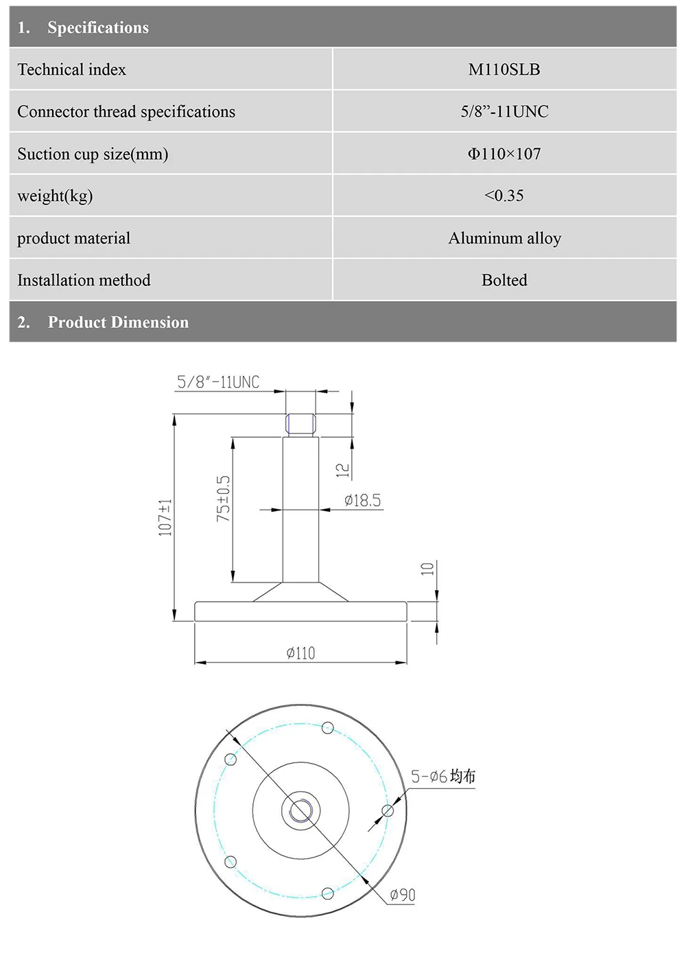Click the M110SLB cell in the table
pyautogui.click(x=504, y=69)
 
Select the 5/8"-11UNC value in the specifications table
pyautogui.click(x=504, y=111)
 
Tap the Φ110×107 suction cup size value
pyautogui.click(x=504, y=154)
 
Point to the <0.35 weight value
pyautogui.click(x=504, y=196)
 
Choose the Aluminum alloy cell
pyautogui.click(x=504, y=238)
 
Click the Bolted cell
pyautogui.click(x=504, y=280)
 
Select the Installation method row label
pyautogui.click(x=84, y=280)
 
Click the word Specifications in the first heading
pyautogui.click(x=98, y=27)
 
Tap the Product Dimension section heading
pyautogui.click(x=118, y=322)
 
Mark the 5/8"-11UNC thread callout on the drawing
pyautogui.click(x=218, y=382)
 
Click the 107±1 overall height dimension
pyautogui.click(x=165, y=517)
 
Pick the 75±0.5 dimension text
pyautogui.click(x=224, y=499)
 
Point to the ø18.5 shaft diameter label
pyautogui.click(x=362, y=500)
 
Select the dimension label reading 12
pyautogui.click(x=342, y=470)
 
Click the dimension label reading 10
pyautogui.click(x=427, y=569)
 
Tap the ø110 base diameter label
pyautogui.click(x=300, y=653)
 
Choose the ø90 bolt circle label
pyautogui.click(x=402, y=895)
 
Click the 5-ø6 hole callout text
pyautogui.click(x=442, y=777)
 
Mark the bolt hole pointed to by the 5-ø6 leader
pyautogui.click(x=388, y=811)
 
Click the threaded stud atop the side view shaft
pyautogui.click(x=300, y=424)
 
